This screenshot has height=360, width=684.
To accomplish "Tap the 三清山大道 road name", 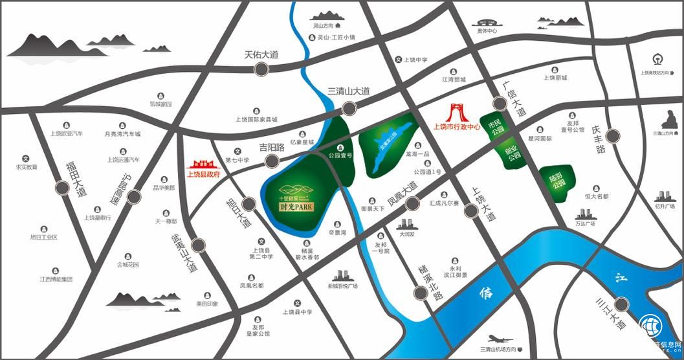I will (348, 91).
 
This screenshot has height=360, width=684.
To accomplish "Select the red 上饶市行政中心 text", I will (457, 128).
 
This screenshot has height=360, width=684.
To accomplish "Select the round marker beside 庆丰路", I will (612, 136).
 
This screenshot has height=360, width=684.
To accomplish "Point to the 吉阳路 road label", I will (272, 148).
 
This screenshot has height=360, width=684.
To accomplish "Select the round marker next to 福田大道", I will (63, 188).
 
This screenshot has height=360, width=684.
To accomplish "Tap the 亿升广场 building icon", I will (664, 196).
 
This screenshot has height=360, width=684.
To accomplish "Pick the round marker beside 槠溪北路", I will (421, 293).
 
